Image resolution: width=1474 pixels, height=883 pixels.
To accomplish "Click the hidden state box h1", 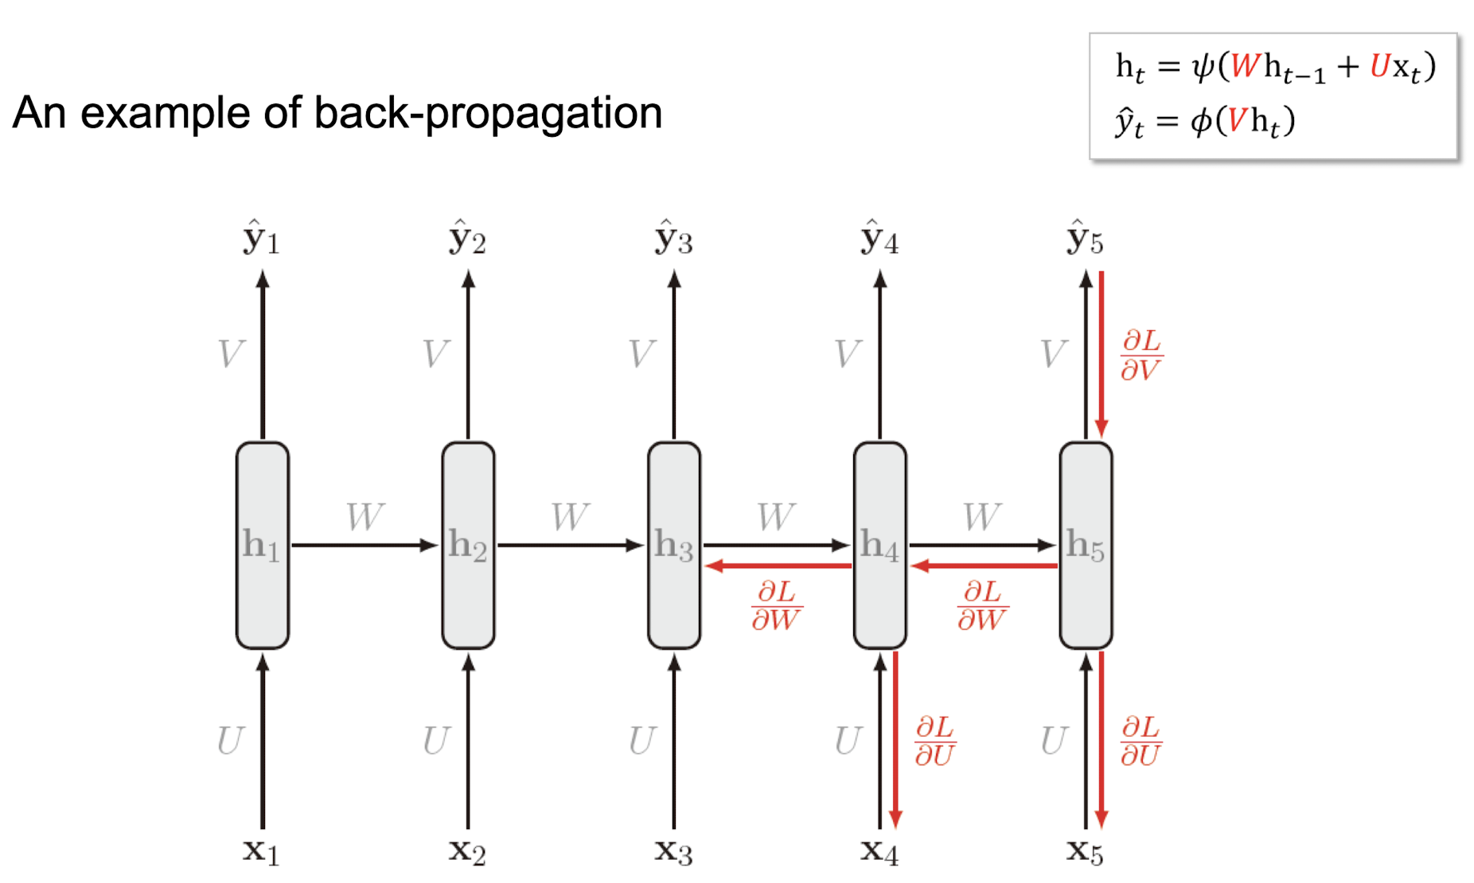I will coord(263,545).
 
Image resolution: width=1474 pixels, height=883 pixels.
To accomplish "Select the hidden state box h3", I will coord(674,545).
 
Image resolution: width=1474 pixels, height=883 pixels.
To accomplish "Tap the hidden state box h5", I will coord(1086,545).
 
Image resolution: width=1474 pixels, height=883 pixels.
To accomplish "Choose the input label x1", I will coord(261,851).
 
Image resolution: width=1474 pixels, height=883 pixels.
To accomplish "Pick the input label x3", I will coord(673,851).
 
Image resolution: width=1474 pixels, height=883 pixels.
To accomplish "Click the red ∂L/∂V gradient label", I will coord(1141,355).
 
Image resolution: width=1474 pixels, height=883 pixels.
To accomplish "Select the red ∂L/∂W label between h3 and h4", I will coord(776,605).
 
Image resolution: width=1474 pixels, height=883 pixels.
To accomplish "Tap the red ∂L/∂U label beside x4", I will coord(935,741).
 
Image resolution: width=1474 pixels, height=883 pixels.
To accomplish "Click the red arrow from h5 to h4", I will coord(984,566).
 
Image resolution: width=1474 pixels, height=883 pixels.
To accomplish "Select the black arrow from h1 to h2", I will coord(365,545).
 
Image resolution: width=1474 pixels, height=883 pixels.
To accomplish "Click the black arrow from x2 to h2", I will coord(468,740).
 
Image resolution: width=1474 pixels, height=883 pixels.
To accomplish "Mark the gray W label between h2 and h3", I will coord(570,517).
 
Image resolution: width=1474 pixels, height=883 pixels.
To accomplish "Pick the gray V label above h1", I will coord(231,354).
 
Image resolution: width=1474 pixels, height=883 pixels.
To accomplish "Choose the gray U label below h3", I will coord(642,741).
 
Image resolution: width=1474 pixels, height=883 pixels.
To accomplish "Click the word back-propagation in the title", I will coord(488,113).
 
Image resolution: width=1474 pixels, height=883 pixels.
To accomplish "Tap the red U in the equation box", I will coord(1379,67).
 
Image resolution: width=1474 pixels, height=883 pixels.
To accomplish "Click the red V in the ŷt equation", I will coord(1237,121).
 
